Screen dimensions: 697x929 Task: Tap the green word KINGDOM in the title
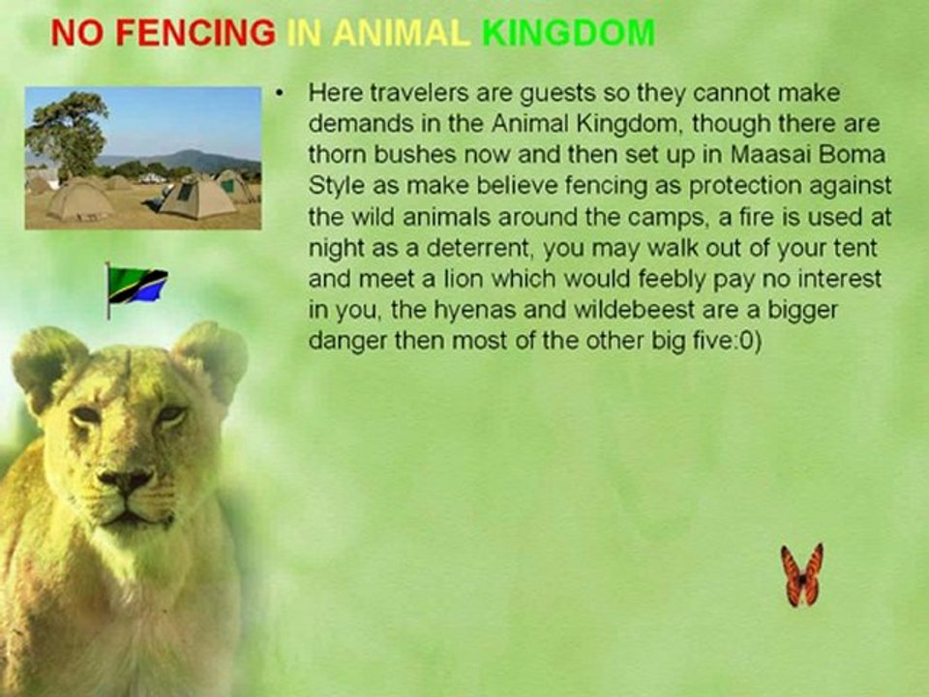(x=568, y=34)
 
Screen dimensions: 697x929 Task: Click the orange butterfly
(x=802, y=575)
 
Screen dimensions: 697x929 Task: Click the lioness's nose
(x=126, y=479)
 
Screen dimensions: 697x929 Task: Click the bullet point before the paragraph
(x=279, y=94)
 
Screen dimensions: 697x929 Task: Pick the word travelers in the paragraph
(x=396, y=94)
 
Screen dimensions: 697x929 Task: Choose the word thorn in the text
(x=335, y=155)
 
